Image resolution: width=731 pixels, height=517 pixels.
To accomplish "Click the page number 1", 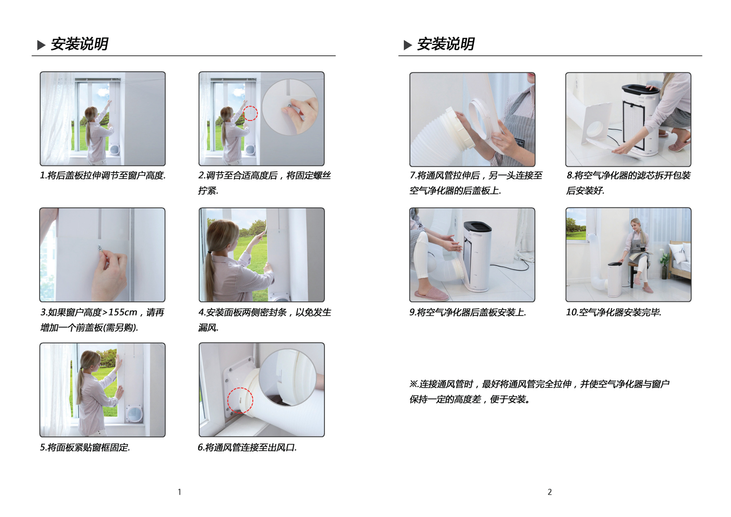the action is coord(179,492).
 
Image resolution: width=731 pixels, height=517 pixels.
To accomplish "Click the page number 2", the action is coord(550,492).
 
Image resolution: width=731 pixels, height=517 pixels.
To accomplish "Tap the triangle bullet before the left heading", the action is coord(41,45).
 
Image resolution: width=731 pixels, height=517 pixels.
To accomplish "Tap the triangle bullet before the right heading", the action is coord(408,45).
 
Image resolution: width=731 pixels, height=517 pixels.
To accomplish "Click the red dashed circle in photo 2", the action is coord(250,113).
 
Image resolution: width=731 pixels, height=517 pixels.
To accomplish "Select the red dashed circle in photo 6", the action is coord(240,400).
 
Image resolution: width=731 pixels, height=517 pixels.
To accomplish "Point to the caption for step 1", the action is coord(103,176).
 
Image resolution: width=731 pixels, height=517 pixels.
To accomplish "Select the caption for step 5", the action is coord(85,447).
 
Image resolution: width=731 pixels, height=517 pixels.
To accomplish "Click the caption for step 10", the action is coord(614,312).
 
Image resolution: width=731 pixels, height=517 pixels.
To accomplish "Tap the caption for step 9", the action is coord(468,312).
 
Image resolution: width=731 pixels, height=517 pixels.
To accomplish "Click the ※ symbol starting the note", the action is coord(413,384).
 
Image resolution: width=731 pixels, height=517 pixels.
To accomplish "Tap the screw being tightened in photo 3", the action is coord(100,248).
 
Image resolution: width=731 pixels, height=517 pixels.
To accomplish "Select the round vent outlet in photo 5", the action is coord(135,413).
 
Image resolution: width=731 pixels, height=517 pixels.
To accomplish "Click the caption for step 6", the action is coord(247,447).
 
